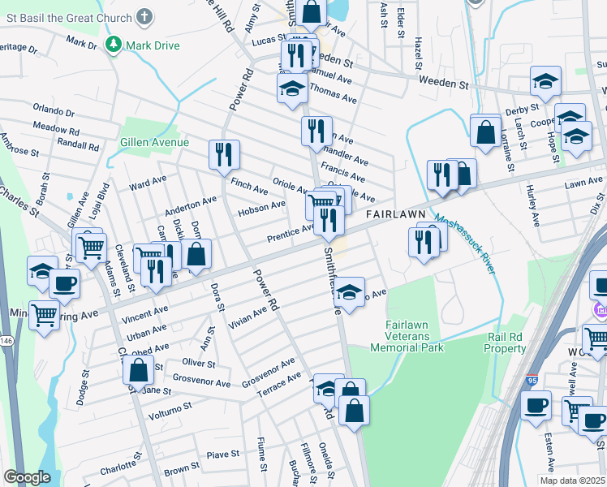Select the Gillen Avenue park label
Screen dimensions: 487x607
coord(154,142)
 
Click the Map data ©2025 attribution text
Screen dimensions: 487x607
coord(573,481)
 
